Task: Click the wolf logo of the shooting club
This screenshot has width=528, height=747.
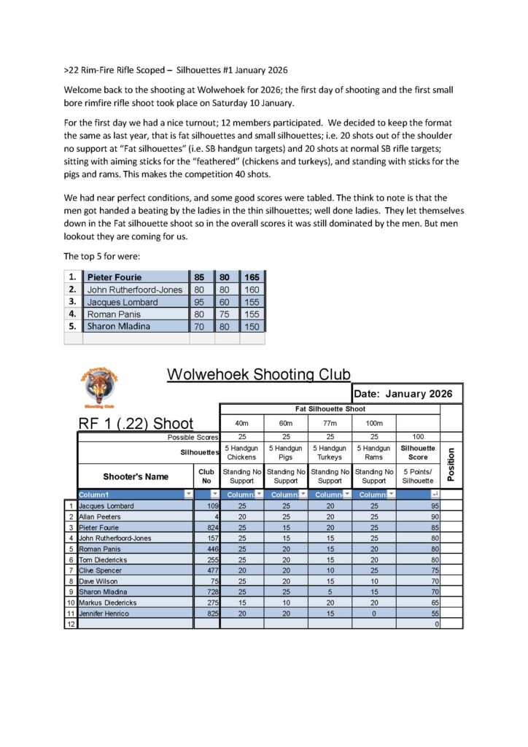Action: point(98,387)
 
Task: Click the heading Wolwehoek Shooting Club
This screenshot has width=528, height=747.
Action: point(258,374)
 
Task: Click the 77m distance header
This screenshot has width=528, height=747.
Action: point(330,423)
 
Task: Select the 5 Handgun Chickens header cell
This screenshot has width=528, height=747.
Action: point(241,452)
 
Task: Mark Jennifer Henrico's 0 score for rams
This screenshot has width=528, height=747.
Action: point(373,614)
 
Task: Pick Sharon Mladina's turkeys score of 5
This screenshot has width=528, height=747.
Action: point(330,592)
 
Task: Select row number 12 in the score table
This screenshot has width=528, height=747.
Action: point(71,624)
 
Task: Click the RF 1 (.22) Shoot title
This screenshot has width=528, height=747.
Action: point(136,424)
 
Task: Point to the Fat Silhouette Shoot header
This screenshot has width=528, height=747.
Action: point(330,409)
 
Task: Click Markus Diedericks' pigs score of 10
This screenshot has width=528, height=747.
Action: point(285,603)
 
